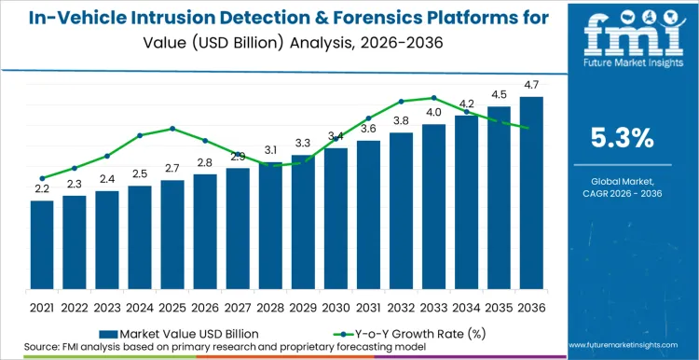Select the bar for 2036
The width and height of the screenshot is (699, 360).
coord(531,196)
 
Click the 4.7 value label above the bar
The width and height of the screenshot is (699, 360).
coord(531,84)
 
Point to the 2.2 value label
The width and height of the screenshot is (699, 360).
coord(42,188)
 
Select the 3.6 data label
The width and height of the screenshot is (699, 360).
coord(368,129)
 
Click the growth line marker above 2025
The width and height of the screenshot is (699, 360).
coord(172,129)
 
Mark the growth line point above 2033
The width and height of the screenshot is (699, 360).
coord(433,97)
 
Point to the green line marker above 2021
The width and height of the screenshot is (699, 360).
coord(42,178)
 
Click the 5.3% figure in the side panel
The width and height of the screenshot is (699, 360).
coord(623,138)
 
